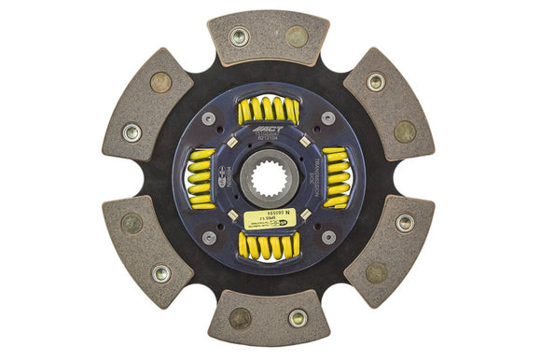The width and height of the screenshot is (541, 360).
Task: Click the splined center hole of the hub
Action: click(x=269, y=178)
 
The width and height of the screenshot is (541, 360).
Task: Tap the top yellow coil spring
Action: click(x=269, y=110)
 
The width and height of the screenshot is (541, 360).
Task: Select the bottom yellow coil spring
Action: click(x=269, y=244)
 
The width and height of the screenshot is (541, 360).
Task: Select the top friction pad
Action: click(x=269, y=38)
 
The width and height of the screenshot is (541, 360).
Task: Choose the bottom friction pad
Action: click(x=269, y=317)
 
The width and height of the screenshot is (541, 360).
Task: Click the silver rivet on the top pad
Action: click(x=240, y=36)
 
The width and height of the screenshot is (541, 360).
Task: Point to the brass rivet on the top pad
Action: click(x=297, y=37)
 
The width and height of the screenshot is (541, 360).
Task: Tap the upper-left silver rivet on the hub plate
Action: click(x=209, y=118)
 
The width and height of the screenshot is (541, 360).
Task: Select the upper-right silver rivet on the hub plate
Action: click(x=328, y=118)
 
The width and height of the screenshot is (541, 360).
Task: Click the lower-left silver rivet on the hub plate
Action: click(x=209, y=237)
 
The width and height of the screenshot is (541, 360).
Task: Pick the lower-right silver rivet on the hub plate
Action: click(x=328, y=237)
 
